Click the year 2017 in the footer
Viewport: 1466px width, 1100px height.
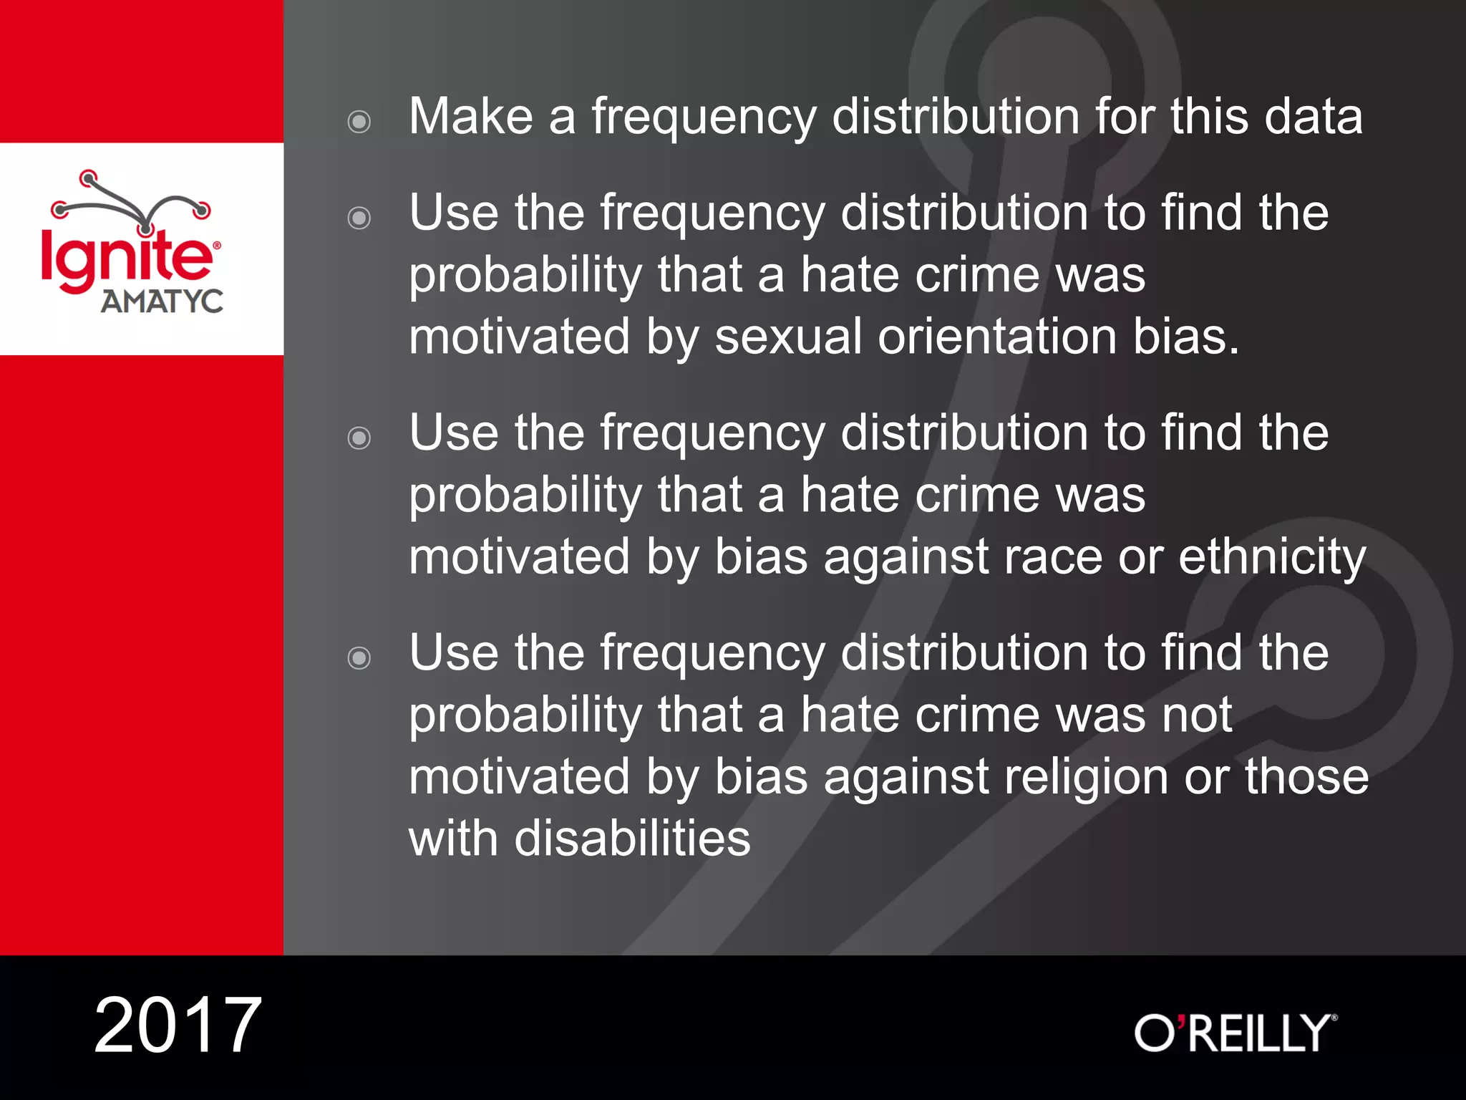pos(178,1026)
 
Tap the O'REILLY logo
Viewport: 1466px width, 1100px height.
pos(1235,1033)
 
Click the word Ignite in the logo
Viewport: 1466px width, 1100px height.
pos(127,258)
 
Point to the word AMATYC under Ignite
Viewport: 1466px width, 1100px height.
pos(162,301)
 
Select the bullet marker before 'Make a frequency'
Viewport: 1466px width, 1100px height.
pos(359,121)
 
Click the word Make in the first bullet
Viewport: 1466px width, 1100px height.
pos(471,116)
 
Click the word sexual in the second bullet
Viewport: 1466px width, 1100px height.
pos(788,337)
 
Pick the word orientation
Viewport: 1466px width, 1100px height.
pos(997,337)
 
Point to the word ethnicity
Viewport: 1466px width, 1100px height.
pos(1272,557)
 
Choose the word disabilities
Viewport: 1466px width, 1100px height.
pos(632,839)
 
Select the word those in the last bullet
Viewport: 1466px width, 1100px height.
pos(1306,777)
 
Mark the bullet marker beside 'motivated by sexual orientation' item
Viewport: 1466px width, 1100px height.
pos(359,218)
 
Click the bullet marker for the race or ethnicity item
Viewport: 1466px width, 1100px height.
pos(359,438)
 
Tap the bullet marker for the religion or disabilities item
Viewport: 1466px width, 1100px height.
pos(359,657)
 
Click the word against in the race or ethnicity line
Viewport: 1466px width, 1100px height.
pos(906,557)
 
